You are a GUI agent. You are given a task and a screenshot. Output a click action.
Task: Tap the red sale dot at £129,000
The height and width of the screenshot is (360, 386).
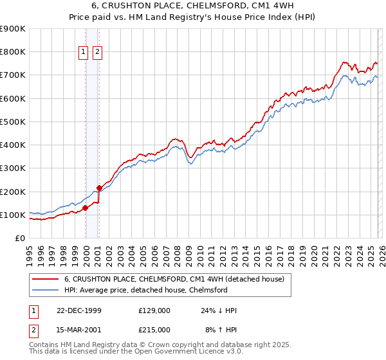click(85, 208)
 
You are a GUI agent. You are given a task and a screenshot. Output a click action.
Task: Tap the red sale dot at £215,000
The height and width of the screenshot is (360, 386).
click(99, 188)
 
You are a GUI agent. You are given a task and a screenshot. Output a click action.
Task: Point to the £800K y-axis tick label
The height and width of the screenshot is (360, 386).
click(13, 52)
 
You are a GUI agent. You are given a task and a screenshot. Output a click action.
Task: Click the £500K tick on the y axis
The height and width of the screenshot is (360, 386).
click(13, 122)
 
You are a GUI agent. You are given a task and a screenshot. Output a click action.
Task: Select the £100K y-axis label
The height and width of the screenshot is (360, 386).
click(13, 215)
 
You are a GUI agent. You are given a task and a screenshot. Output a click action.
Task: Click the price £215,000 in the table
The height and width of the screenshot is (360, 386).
click(154, 329)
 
